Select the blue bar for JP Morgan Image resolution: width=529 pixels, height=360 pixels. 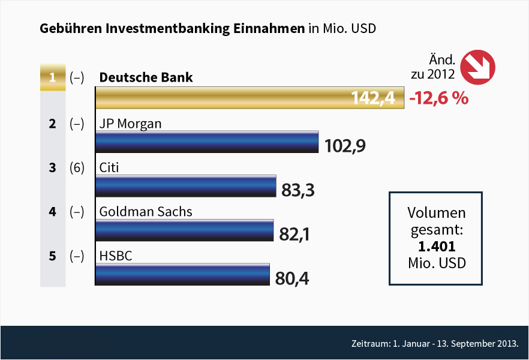[207, 142]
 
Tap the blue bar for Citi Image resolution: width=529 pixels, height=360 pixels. [185, 186]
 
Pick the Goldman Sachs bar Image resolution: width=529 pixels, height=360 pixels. [184, 230]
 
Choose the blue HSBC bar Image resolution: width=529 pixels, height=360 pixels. [182, 274]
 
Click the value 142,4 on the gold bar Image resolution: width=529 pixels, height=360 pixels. [374, 98]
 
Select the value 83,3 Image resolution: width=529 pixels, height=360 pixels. [298, 190]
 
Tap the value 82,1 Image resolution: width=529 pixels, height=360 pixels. [294, 234]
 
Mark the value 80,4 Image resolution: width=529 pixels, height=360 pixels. [291, 278]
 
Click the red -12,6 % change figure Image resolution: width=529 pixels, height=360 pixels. [438, 98]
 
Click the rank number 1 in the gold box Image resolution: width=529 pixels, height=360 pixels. [52, 78]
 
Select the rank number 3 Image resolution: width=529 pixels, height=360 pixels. [52, 168]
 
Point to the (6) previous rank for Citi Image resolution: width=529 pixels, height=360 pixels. [76, 168]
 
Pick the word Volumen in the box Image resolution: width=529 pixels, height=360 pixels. [436, 214]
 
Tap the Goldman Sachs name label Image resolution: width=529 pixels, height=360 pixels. [146, 212]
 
